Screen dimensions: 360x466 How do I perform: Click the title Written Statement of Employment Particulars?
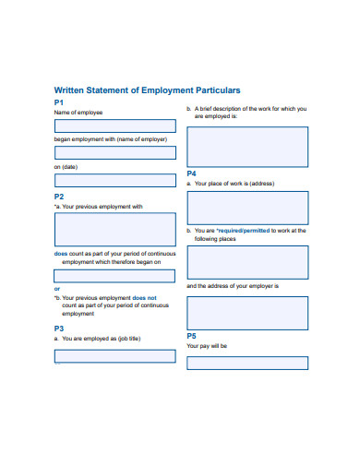(x=147, y=90)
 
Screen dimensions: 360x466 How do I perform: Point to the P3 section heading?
(x=58, y=328)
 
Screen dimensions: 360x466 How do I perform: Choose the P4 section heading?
(x=192, y=173)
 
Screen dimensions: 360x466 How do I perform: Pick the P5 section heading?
(x=192, y=336)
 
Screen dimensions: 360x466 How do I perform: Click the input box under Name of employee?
(x=114, y=126)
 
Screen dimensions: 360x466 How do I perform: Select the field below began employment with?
(x=114, y=153)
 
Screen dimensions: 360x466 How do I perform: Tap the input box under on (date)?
(x=114, y=181)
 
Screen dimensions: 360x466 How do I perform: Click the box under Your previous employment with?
(x=114, y=229)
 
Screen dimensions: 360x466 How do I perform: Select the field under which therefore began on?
(x=114, y=275)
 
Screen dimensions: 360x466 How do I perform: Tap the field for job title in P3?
(x=114, y=355)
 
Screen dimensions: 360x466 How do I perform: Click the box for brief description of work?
(x=247, y=147)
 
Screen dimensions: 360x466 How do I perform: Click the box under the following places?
(x=247, y=262)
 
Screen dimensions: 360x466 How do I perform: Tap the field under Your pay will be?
(x=247, y=363)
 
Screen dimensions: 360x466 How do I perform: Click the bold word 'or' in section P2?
(x=56, y=289)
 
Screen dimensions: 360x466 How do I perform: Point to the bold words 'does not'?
(x=145, y=298)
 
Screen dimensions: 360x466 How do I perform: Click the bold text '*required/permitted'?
(x=248, y=230)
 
